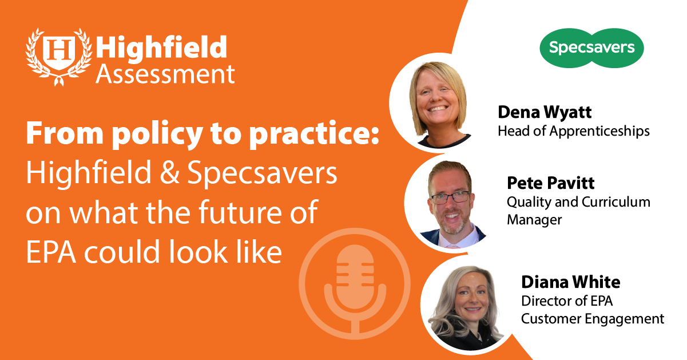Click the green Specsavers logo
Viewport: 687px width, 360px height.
(591, 48)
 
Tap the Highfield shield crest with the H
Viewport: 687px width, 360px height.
(59, 53)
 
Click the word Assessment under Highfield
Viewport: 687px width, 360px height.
(165, 74)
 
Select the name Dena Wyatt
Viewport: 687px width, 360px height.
(545, 112)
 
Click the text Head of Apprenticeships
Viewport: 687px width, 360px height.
(574, 132)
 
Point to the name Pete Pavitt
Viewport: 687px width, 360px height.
(550, 183)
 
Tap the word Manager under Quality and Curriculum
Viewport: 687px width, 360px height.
(534, 220)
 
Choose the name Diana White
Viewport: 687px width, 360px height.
(570, 282)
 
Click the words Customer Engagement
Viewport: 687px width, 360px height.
(593, 319)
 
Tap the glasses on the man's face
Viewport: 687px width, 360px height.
(451, 197)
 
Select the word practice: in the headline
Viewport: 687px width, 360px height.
(314, 134)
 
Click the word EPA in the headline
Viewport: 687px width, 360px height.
(51, 252)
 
